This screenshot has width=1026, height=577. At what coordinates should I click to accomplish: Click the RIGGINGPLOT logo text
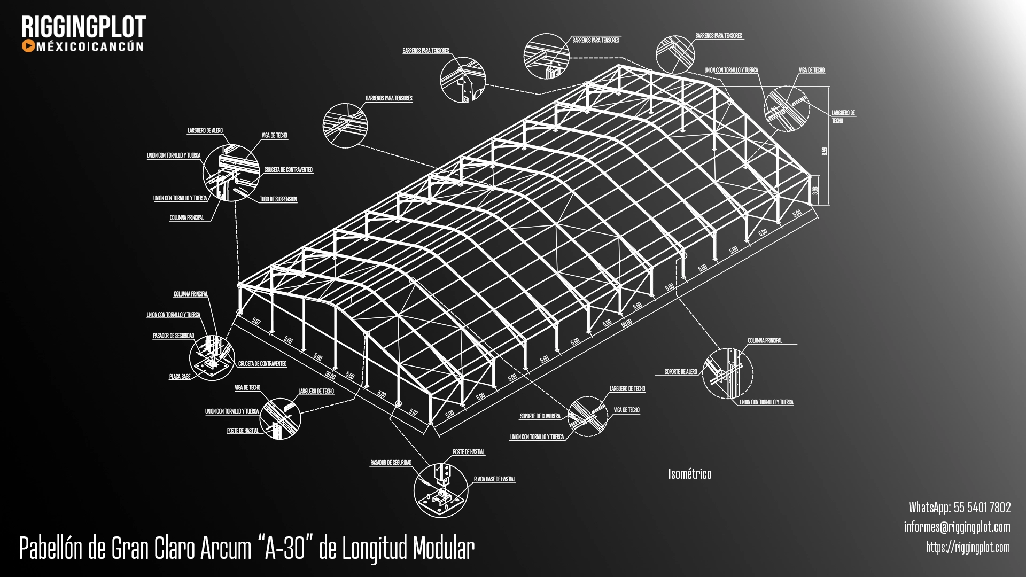(x=83, y=27)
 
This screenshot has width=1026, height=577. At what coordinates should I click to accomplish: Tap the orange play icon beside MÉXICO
(x=28, y=46)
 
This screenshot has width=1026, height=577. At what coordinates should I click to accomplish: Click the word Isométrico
(x=689, y=474)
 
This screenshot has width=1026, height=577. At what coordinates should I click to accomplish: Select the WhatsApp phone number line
(x=959, y=507)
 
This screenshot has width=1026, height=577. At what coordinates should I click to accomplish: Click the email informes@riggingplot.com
(x=957, y=527)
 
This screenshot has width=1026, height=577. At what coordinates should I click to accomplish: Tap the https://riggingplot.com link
(x=967, y=547)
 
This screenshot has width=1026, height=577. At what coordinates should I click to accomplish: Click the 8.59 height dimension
(x=824, y=152)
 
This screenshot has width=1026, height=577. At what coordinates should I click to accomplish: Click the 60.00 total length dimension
(x=626, y=323)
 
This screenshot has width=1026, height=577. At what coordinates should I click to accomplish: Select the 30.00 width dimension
(x=331, y=376)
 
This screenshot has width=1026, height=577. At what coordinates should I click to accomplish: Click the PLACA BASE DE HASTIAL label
(x=494, y=479)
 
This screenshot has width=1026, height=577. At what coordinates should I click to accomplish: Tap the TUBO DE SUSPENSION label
(x=278, y=199)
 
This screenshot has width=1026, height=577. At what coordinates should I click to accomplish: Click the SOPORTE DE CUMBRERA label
(x=540, y=416)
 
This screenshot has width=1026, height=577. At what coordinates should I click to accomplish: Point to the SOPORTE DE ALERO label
(x=680, y=372)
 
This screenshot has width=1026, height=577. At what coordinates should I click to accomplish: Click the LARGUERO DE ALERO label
(x=205, y=130)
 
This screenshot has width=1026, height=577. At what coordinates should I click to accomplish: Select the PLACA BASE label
(x=180, y=377)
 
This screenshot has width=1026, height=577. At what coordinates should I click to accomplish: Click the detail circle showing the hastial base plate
(x=440, y=490)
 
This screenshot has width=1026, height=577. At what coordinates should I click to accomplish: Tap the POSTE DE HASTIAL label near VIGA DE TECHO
(x=243, y=431)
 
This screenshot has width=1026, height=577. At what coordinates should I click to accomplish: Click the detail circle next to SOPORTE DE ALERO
(x=727, y=373)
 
